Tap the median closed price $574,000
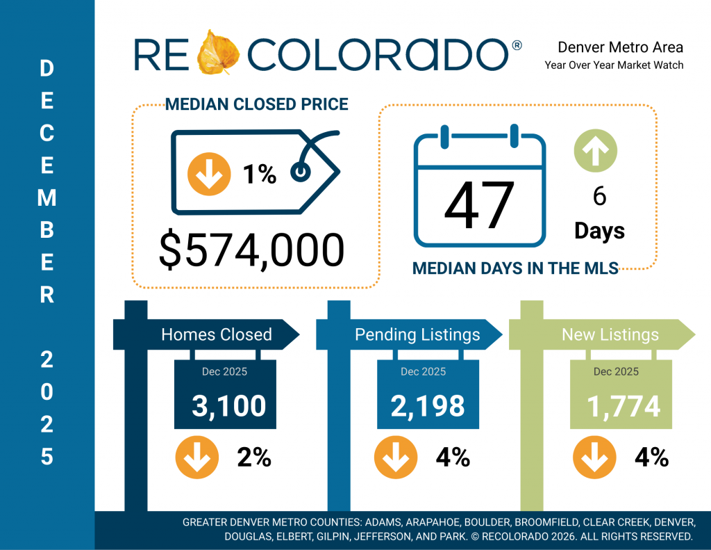[251, 251]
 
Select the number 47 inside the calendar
[479, 206]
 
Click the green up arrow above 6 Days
[596, 149]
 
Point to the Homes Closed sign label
[216, 334]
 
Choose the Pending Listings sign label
[417, 334]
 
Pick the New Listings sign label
[610, 334]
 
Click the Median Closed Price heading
[256, 105]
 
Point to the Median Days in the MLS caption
[515, 268]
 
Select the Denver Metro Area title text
[620, 47]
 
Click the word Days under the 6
[599, 230]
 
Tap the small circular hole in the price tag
[300, 171]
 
